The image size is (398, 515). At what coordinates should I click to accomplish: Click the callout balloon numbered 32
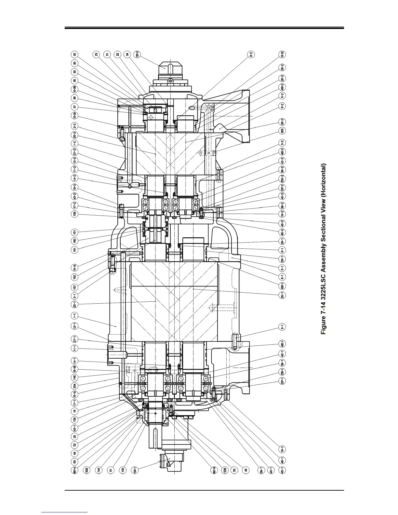[x=75, y=55]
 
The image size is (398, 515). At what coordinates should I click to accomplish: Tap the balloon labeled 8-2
[x=251, y=55]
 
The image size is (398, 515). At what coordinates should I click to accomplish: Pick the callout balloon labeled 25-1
[x=75, y=305]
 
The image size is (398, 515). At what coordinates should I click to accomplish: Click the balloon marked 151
[x=75, y=232]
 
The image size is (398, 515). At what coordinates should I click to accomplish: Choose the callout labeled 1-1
[x=75, y=315]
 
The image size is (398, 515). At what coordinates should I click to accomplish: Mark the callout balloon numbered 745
[x=75, y=377]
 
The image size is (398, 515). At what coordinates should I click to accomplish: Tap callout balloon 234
[x=75, y=386]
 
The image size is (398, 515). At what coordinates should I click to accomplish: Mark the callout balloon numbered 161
[x=75, y=249]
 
